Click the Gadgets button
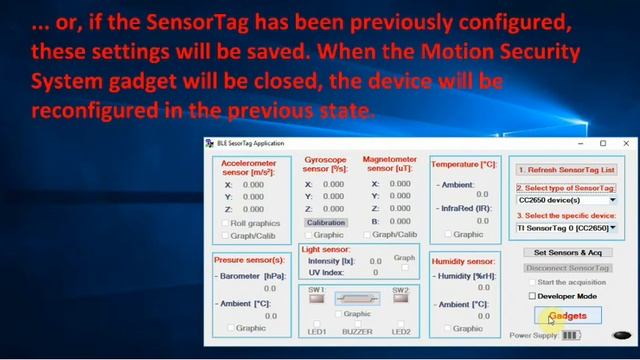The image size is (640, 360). point(568,316)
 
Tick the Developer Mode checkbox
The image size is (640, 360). point(533,296)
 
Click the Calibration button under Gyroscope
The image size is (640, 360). point(326,223)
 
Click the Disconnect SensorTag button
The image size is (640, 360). point(567,268)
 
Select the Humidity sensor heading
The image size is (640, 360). point(463,260)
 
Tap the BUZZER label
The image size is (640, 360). point(357,331)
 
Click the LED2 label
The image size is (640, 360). point(401,331)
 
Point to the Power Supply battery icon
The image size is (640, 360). point(572,336)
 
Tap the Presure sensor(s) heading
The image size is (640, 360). point(250,260)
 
